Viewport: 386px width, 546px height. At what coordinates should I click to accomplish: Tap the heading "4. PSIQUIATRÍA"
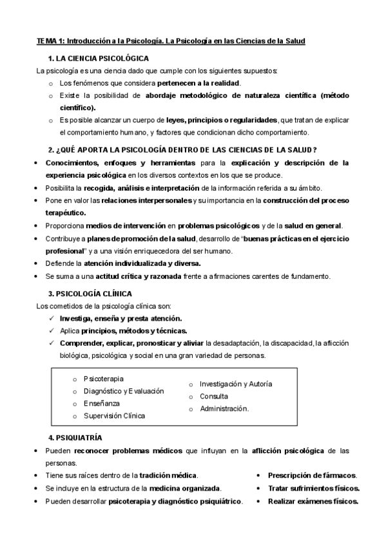coord(75,438)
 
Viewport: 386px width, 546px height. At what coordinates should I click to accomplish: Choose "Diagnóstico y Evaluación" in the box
coord(123,391)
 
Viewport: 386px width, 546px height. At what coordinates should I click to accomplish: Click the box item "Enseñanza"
coord(101,403)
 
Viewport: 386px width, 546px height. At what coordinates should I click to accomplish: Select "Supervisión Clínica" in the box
coord(114,415)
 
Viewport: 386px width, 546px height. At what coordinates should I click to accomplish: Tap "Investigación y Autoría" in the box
coord(235,384)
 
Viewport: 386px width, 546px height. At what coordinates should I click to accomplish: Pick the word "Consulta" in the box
coord(213,396)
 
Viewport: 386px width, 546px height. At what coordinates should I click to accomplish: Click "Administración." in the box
coord(224,408)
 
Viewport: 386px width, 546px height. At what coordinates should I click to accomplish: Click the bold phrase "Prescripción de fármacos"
coord(309,475)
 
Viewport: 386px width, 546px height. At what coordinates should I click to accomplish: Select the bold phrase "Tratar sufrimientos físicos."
coord(313,488)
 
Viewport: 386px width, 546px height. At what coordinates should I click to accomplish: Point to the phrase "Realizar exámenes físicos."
coord(313,501)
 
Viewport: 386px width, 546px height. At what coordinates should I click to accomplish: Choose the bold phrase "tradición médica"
coord(168,475)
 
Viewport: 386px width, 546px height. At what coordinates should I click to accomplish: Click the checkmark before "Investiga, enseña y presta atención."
coord(52,319)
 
